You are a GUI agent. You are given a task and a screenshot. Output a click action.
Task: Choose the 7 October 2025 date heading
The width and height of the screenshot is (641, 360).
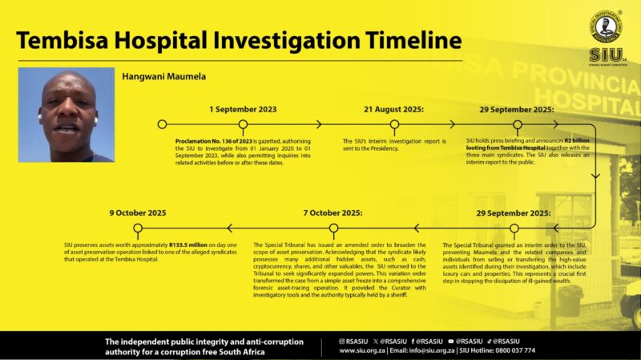[333, 212]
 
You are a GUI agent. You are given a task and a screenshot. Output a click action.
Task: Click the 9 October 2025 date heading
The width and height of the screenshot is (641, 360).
[138, 212]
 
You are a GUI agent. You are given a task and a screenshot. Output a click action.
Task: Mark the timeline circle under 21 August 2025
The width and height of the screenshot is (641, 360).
[394, 124]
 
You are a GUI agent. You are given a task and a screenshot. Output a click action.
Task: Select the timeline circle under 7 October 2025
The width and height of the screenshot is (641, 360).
[333, 229]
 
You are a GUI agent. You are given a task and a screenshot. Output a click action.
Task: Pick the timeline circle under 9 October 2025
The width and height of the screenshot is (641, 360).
[138, 229]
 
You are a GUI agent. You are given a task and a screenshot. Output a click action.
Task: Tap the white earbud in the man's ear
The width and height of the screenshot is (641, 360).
[95, 120]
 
